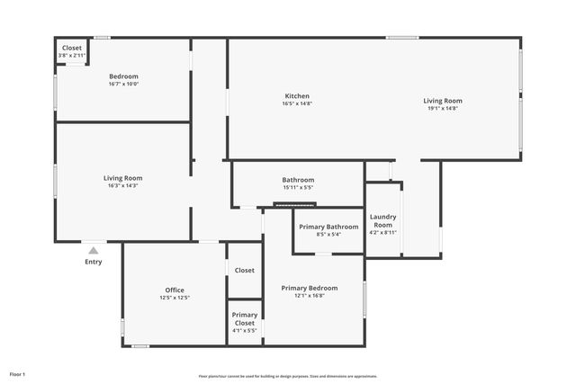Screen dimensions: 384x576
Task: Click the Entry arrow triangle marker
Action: point(94,250)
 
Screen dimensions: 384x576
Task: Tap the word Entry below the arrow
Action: point(94,262)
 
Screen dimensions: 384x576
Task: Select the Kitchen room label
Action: point(297,95)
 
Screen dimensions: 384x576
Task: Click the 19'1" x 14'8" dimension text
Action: point(443,108)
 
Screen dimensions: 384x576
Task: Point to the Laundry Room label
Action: point(383,220)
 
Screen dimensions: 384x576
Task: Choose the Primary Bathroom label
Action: point(328,227)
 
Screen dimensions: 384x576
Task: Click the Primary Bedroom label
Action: point(309,288)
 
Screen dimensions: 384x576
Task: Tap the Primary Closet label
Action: point(245,318)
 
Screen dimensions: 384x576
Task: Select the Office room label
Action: point(175,290)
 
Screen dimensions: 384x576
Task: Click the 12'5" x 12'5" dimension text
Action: point(175,298)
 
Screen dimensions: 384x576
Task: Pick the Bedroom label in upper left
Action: point(123,76)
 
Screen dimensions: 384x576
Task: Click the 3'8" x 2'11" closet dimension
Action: point(72,56)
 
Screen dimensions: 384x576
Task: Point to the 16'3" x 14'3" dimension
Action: point(123,185)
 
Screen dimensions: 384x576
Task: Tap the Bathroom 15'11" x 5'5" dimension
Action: point(298,187)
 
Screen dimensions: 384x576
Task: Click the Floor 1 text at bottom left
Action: point(17,373)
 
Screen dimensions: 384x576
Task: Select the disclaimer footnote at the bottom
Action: point(288,376)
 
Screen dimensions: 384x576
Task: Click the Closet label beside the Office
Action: point(245,270)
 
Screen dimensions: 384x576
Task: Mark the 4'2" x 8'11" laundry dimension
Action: point(383,232)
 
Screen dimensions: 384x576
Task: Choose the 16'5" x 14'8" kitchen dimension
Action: point(297,103)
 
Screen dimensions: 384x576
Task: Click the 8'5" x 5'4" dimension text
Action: point(328,235)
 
